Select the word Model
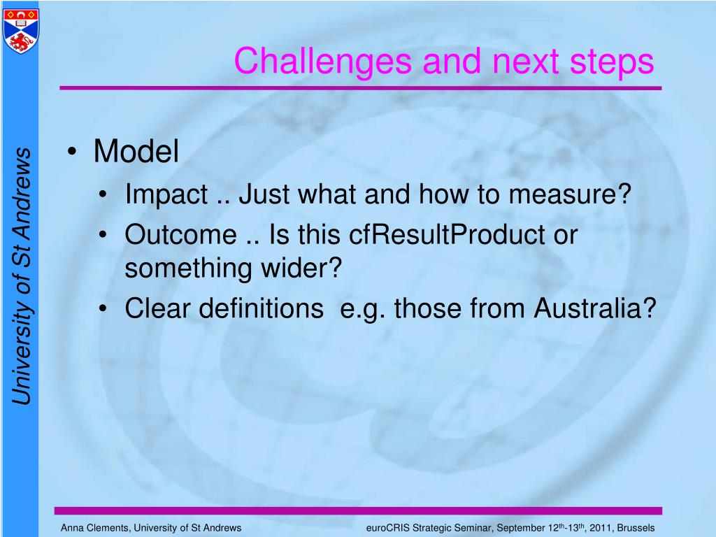[136, 152]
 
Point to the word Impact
[166, 196]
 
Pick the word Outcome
[180, 235]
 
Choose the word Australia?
[596, 308]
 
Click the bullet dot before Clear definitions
[103, 309]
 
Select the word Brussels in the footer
[636, 528]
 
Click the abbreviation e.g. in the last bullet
[363, 308]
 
